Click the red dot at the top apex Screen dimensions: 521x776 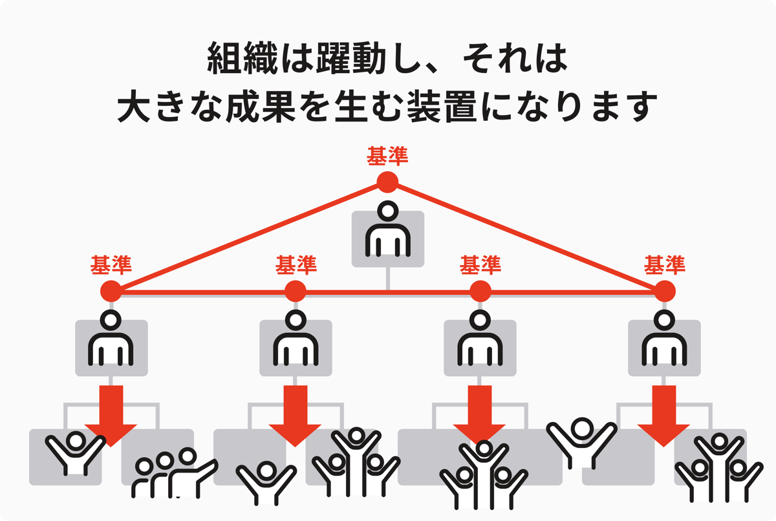tap(387, 182)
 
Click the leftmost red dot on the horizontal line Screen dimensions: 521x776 tap(111, 292)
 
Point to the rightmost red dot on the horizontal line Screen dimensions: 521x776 tap(664, 292)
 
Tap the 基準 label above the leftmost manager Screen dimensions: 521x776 tap(111, 264)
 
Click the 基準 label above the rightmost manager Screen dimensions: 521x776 tap(664, 264)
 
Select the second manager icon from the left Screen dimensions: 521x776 tap(296, 339)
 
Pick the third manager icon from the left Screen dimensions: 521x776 tap(480, 339)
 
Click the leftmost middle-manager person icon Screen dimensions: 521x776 tap(111, 339)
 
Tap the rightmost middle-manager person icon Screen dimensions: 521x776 tap(664, 339)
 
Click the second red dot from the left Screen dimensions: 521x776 tap(296, 292)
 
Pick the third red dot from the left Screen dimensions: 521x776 tap(480, 292)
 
